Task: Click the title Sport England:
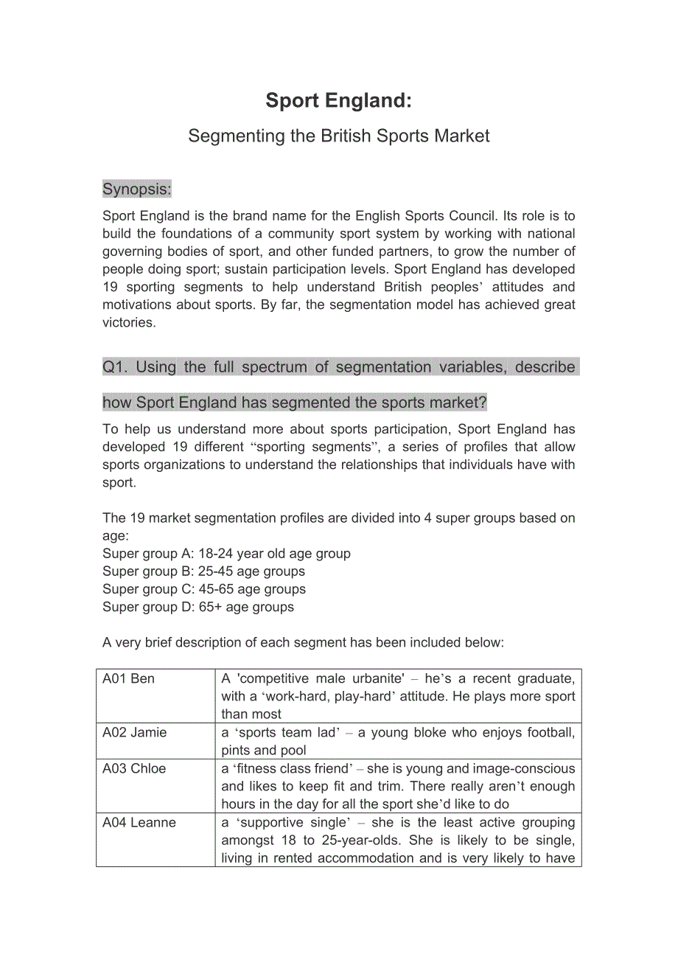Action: (x=338, y=100)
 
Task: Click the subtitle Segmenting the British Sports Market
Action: (x=338, y=136)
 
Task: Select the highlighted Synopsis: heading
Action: (x=137, y=189)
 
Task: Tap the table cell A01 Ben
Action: (x=129, y=679)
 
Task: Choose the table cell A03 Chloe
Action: (x=134, y=769)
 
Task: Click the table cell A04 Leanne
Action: (x=139, y=823)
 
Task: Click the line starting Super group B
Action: (x=203, y=571)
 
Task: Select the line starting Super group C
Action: (x=204, y=589)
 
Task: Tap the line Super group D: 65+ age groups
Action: (x=198, y=607)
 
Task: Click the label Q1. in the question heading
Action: (x=115, y=367)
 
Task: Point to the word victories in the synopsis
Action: (x=128, y=322)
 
